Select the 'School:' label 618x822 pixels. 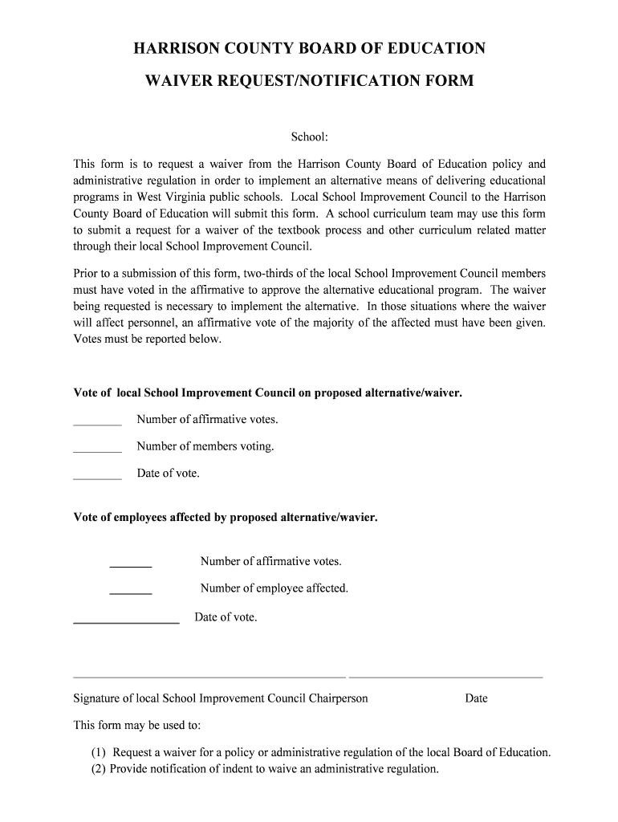pos(309,137)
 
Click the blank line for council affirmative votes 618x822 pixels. pos(97,423)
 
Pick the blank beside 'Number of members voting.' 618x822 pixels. pos(97,450)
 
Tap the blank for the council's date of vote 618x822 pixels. pos(97,477)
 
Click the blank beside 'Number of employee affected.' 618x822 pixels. pos(130,592)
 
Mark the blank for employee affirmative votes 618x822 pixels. pos(130,566)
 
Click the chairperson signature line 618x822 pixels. pos(209,677)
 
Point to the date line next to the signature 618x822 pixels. pos(445,677)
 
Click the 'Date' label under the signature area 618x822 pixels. pos(476,698)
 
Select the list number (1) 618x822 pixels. pos(98,753)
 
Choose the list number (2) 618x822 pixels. pos(98,769)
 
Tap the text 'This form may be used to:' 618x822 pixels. pos(137,726)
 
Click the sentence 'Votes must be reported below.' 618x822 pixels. pos(147,339)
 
